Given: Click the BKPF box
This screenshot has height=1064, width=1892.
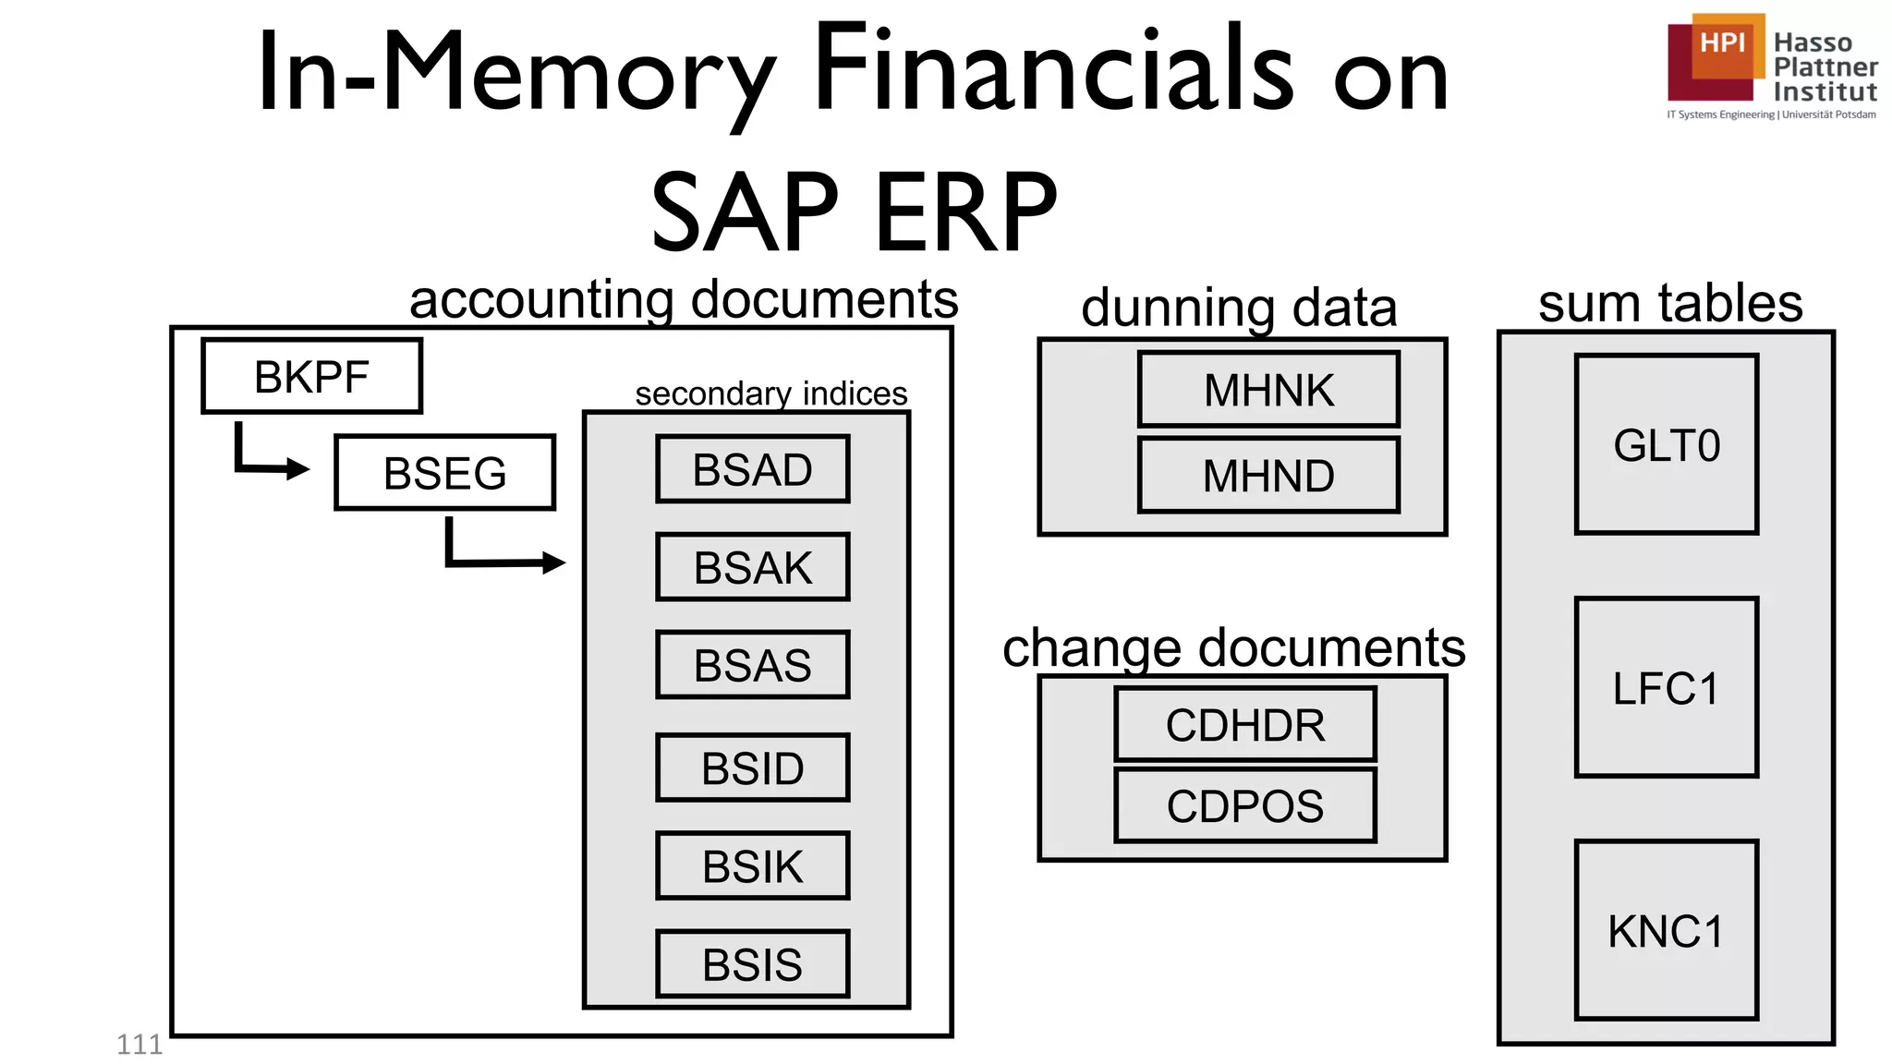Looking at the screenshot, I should pos(312,376).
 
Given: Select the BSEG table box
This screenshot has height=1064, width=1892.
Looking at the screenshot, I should pos(444,472).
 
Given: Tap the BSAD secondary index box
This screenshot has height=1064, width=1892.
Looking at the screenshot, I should pos(752,469).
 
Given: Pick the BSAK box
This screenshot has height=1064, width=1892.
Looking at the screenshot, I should pos(752,567).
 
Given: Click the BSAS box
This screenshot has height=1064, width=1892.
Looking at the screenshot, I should pos(752,665).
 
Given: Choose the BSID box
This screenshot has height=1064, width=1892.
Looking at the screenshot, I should pos(752,768).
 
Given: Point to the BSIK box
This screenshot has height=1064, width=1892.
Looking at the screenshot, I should pos(752,866).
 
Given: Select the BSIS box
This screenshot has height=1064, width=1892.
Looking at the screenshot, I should pos(752,964).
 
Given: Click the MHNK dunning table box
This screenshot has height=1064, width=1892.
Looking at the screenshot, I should pos(1268,390).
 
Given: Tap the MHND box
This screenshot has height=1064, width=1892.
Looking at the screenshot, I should pos(1268,476).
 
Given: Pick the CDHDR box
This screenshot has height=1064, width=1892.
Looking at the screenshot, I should pos(1244,725).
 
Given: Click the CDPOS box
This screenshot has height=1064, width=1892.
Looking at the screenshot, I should pos(1244,805).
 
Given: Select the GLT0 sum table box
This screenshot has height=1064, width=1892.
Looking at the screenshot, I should pos(1667,445).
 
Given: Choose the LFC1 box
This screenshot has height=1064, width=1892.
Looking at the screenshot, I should pos(1667,688).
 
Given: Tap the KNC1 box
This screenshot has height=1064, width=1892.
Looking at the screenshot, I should pos(1667,930).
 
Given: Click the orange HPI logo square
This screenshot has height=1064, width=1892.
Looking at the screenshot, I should pos(1724,44).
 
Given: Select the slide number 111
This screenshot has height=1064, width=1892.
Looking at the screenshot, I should pos(139,1045).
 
